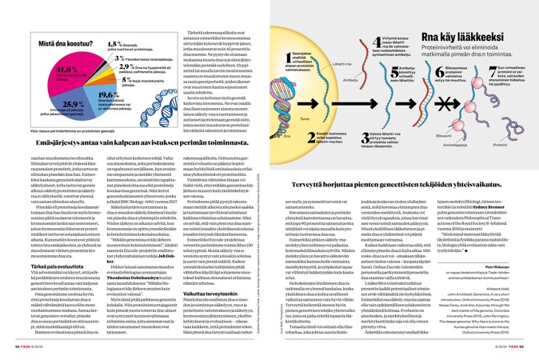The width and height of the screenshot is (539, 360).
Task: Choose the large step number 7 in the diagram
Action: (x=485, y=78)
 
